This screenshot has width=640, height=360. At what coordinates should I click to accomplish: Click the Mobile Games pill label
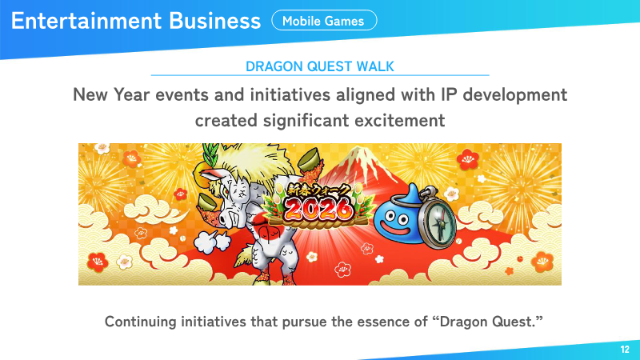(324, 21)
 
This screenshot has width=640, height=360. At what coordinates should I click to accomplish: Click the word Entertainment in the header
(86, 21)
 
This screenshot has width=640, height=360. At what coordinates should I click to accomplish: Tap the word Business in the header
(214, 21)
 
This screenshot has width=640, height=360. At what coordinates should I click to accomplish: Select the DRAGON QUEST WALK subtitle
(319, 66)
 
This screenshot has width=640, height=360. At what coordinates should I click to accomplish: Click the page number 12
(625, 350)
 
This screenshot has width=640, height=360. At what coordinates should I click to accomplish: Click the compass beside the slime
(438, 218)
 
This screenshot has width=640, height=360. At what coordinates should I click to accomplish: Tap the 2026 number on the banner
(318, 209)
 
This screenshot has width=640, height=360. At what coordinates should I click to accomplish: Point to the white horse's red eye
(225, 190)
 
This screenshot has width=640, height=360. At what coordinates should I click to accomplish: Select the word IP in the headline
(448, 94)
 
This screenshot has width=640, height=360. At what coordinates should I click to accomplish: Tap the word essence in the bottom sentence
(383, 322)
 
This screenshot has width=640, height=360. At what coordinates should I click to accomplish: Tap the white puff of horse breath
(210, 242)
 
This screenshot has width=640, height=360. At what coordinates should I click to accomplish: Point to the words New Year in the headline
(111, 94)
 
